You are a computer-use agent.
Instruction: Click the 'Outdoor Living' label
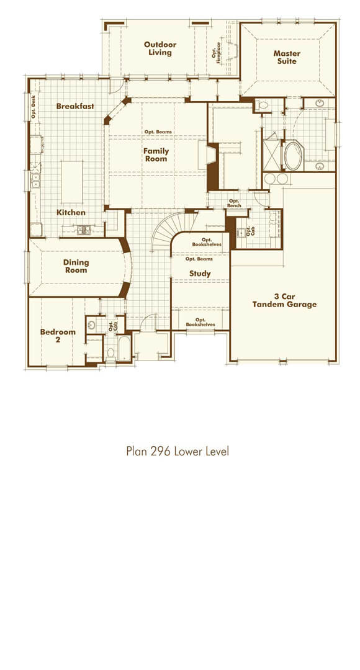point(160,48)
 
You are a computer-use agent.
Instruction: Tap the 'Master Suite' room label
point(287,57)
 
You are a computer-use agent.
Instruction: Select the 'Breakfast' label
point(75,106)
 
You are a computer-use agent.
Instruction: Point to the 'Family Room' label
point(156,154)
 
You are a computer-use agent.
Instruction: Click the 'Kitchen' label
point(71,212)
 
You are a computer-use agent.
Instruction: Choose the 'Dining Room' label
point(76,266)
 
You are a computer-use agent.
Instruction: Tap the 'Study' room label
point(200,273)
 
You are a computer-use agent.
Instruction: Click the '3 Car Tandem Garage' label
point(284,300)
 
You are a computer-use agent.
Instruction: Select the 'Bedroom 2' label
point(58,336)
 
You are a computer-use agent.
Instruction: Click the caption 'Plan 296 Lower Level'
point(178,451)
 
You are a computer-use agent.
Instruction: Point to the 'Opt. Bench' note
point(235,203)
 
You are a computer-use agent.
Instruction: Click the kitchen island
point(72,182)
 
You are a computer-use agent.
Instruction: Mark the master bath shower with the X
point(272,154)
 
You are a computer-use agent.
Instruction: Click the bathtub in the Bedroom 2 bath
point(124,348)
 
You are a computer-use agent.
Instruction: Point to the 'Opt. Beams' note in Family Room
point(158,132)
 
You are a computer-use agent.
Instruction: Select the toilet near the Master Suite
point(263,105)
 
